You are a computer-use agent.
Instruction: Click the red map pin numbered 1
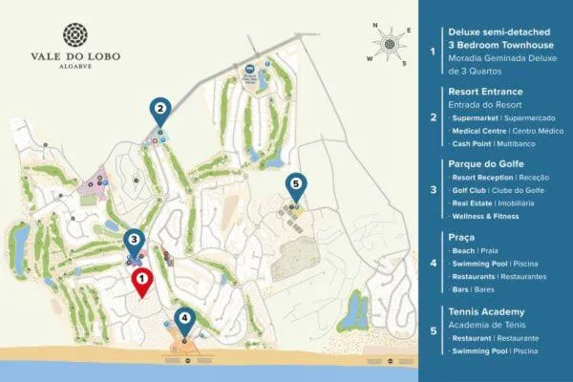coord(141,281)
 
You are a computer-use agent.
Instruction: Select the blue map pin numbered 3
coord(134,242)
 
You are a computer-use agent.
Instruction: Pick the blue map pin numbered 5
coord(296,184)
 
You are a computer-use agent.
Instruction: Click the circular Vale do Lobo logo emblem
coord(74,36)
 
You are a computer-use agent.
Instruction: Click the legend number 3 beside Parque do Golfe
coord(434,191)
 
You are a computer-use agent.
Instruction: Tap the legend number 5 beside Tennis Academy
coord(434,333)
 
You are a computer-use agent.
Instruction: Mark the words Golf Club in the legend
coord(472,191)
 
